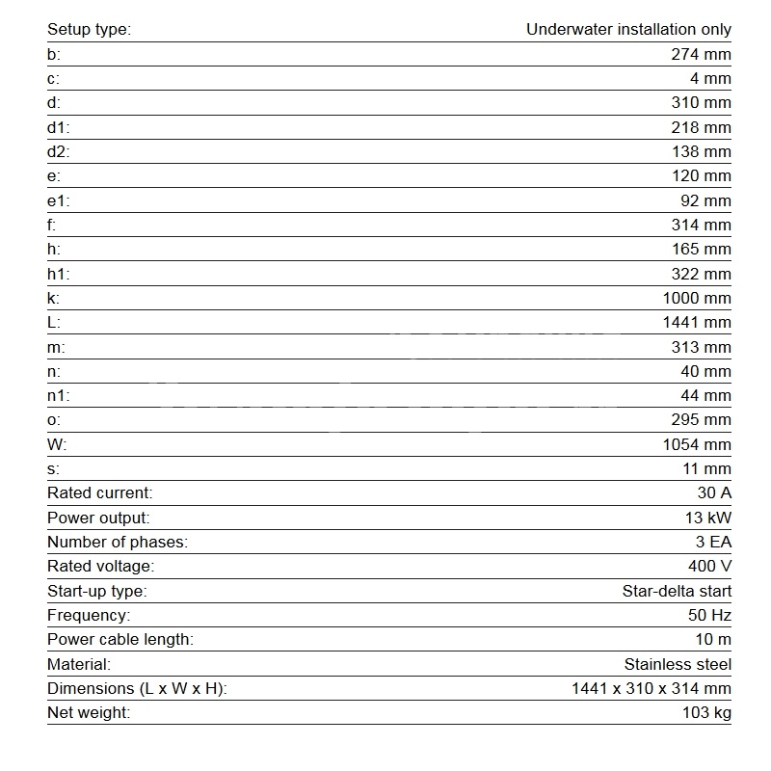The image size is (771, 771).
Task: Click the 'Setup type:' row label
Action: coord(89,29)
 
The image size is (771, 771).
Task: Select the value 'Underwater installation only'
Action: coord(628,29)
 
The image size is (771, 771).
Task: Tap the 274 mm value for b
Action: coord(701,54)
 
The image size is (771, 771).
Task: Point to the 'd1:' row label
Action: coord(59,127)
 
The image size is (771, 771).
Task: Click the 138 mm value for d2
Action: coord(701,151)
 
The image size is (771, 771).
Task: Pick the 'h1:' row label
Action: coord(59,274)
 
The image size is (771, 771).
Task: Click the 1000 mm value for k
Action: coord(697,298)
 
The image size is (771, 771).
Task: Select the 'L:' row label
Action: coord(54,323)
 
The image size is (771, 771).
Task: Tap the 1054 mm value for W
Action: coord(697,444)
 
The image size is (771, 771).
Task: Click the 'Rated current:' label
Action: coord(99,493)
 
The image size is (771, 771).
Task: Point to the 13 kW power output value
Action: coord(707,518)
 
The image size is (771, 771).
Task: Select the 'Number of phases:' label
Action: coord(117,542)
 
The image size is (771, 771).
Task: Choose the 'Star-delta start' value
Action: coord(677,591)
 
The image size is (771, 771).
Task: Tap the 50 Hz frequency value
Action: coord(707,615)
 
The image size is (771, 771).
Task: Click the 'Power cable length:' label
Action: coord(120,639)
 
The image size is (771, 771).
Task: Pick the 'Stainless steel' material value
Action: coord(678,664)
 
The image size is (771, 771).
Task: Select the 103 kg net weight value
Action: coord(705,713)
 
